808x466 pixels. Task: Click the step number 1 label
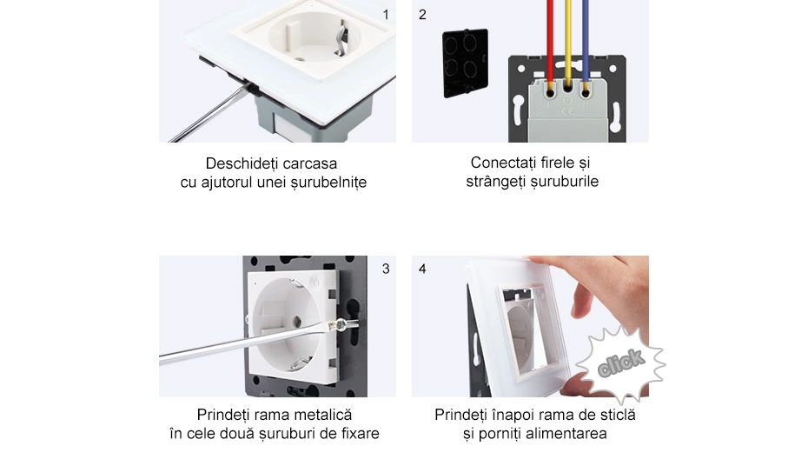[386, 14]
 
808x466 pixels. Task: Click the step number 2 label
[422, 14]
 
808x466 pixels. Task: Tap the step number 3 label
[386, 269]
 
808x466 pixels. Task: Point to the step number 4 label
[422, 269]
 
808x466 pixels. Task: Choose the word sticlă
[613, 415]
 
